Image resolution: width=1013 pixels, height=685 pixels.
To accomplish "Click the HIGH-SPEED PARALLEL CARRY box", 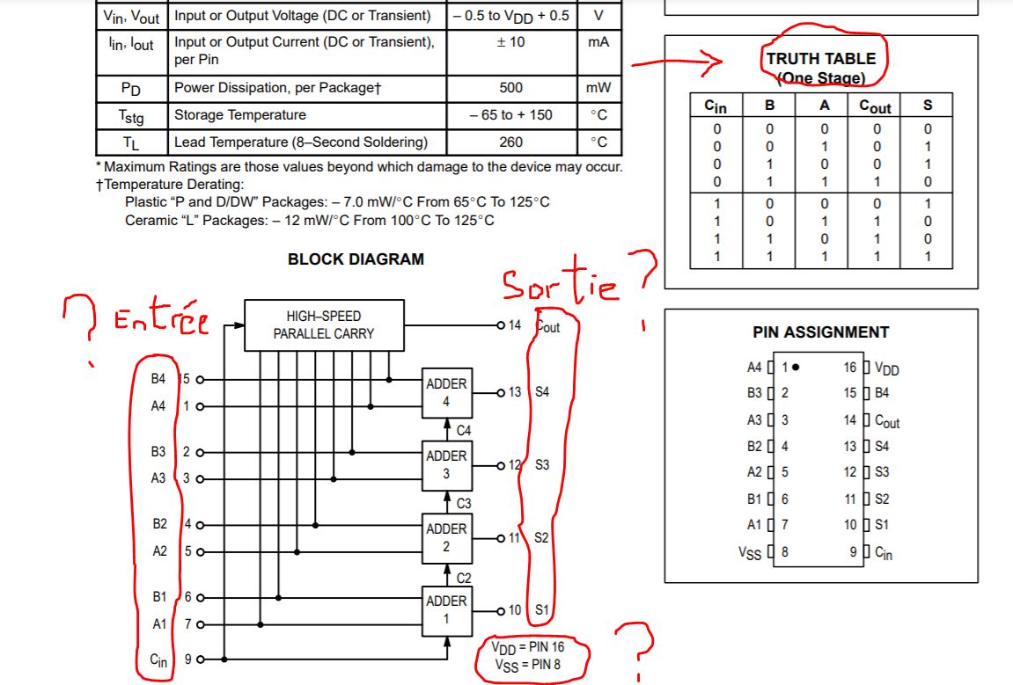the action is coord(323,325).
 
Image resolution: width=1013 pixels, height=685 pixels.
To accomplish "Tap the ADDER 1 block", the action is coord(446,609).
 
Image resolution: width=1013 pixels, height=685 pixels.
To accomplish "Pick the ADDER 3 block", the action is coord(446,464).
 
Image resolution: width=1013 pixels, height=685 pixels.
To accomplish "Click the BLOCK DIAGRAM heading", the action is coord(356,259).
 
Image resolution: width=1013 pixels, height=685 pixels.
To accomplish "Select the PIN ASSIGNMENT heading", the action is coord(820,332).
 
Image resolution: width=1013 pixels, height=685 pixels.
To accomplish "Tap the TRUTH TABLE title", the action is coord(820,59).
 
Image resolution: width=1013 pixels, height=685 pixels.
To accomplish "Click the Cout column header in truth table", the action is coord(875,106).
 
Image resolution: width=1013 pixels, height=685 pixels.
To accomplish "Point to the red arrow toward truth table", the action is coord(676,62).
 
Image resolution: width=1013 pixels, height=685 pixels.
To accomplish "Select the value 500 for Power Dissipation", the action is coord(510,88).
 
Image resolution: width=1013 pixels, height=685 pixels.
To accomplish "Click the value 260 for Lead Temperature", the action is coord(510,142).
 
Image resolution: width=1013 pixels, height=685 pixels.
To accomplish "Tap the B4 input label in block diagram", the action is coord(158,380).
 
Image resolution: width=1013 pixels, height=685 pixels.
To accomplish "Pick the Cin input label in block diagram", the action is coord(158,659).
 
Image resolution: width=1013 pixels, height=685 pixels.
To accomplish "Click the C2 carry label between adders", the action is coord(464,578).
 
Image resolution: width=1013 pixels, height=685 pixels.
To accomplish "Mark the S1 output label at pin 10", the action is coord(542,609).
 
